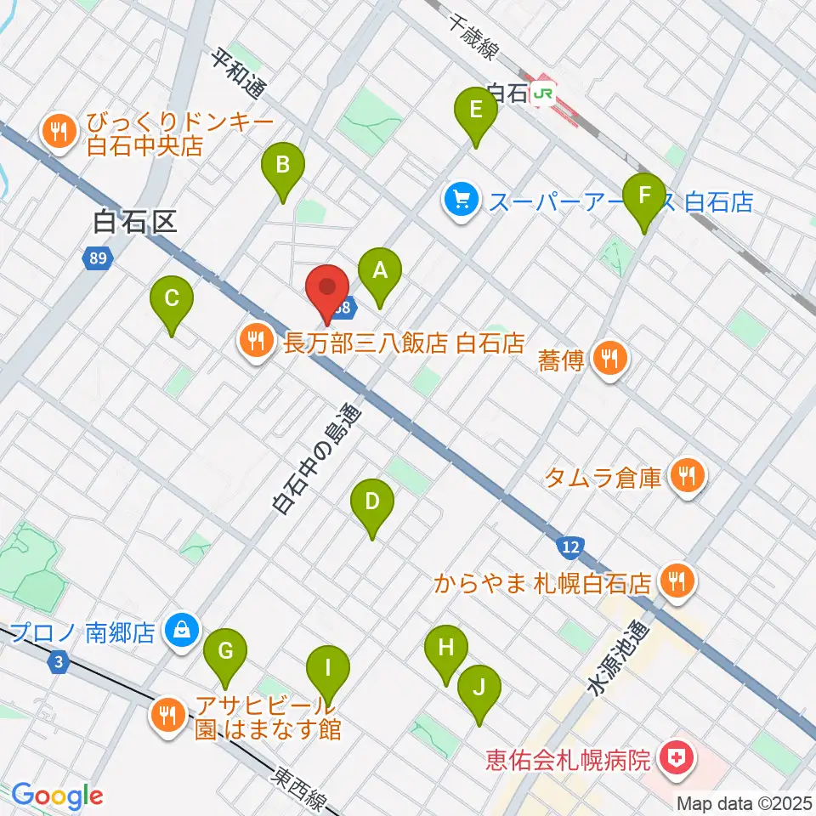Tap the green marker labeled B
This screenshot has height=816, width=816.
coord(284,166)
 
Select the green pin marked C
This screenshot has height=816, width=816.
coord(172,299)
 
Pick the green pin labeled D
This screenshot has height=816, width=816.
coord(371,502)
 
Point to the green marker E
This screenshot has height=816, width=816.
coord(476,110)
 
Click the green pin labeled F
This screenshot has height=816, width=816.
coord(643,196)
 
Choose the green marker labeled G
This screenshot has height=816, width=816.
coord(225,652)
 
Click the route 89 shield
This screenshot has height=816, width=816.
coord(97,257)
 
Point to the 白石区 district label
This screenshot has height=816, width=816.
coord(135,223)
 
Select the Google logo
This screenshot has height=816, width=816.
coord(57,796)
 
